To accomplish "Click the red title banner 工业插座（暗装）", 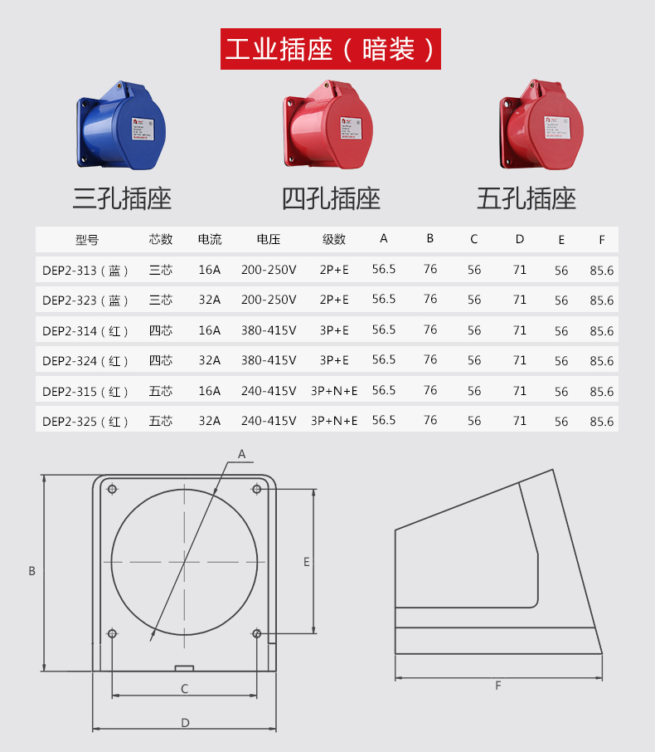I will tap(330, 49).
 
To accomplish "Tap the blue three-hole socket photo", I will tap(121, 125).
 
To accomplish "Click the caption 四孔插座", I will tap(331, 198).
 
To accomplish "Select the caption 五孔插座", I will tap(526, 198).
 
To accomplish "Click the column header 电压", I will tap(269, 240).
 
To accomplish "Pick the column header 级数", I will tap(334, 240).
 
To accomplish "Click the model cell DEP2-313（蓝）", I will tap(86, 270).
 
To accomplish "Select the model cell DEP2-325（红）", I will tap(86, 421).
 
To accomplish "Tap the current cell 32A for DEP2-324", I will tap(210, 360).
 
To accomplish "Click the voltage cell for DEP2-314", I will tap(269, 330).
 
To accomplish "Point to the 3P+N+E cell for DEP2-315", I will tap(334, 390).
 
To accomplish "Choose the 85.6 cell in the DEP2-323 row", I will tap(602, 300).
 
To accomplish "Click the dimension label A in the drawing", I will tap(242, 454).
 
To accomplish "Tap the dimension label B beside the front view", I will tap(32, 571).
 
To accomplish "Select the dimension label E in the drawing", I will tap(306, 562).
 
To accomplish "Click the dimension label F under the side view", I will tap(498, 686).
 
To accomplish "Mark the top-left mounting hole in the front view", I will tap(112, 489).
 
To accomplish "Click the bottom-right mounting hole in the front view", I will tap(257, 634).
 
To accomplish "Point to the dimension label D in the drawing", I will tap(185, 723).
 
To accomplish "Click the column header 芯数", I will tap(161, 240).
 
